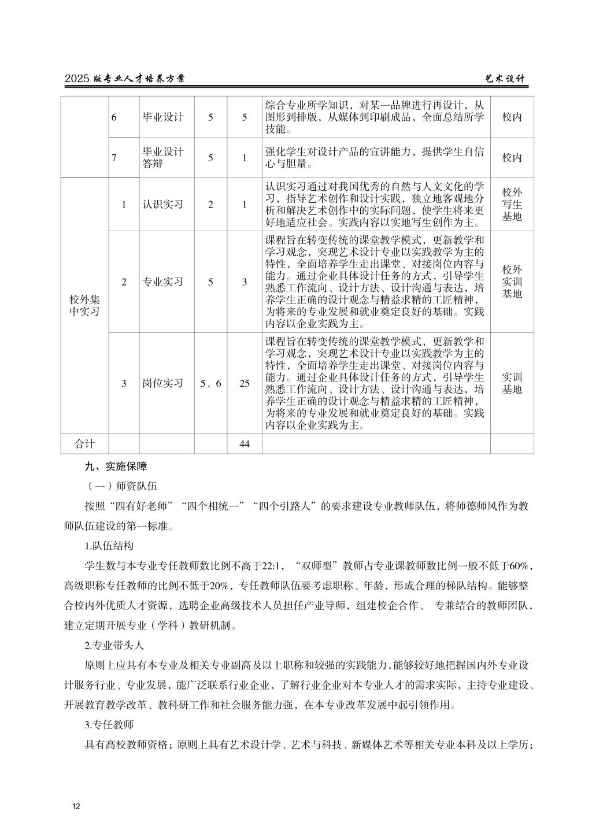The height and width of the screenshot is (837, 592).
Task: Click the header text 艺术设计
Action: (505, 79)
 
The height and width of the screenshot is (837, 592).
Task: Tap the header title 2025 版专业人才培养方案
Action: (125, 79)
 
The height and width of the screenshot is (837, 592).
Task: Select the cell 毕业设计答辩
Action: (163, 158)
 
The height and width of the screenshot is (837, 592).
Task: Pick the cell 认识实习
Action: (163, 205)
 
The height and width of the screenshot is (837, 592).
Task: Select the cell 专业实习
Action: (163, 282)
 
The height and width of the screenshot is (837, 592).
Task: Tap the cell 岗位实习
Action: (163, 383)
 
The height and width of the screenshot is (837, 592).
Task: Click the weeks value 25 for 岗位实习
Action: (245, 383)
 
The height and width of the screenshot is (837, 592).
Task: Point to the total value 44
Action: (245, 444)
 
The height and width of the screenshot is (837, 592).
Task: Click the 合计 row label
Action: (84, 444)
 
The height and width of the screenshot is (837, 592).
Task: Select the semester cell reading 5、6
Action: (210, 383)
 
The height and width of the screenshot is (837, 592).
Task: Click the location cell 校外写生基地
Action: (512, 205)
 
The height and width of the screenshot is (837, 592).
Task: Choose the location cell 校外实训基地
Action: (512, 282)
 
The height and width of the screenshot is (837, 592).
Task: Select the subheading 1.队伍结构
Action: (109, 546)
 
